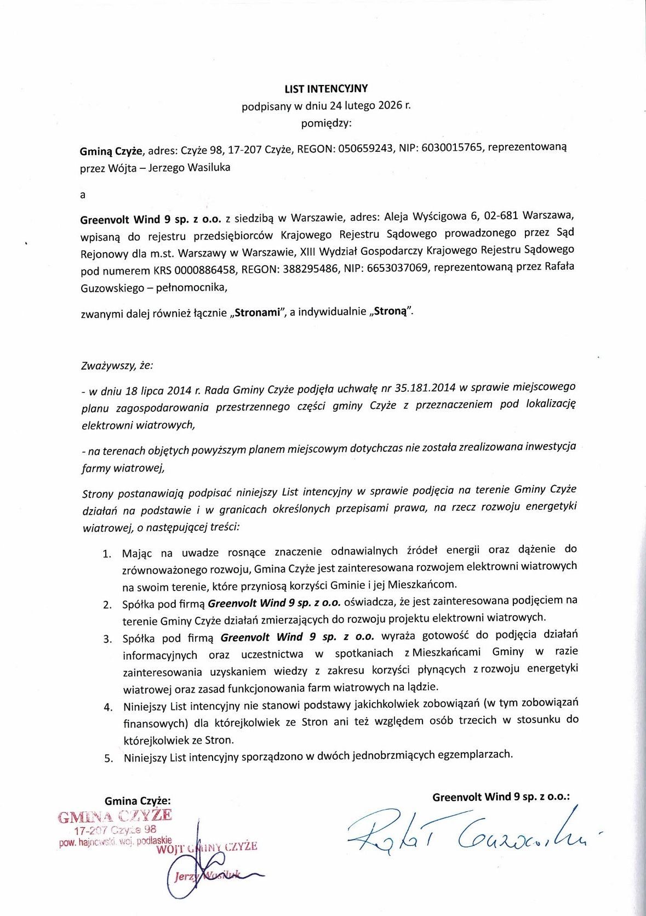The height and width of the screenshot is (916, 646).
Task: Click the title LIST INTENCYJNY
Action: point(326,89)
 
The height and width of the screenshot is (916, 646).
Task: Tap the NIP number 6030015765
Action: point(452,148)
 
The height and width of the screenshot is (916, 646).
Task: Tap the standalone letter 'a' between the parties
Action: point(83,195)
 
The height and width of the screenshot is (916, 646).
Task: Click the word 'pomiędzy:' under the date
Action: point(326,123)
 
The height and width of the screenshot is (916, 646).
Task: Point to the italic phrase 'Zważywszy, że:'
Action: point(117,365)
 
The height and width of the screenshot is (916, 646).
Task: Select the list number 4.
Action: point(108,707)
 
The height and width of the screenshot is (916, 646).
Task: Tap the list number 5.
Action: point(108,759)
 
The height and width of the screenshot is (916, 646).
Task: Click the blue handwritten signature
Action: point(466,833)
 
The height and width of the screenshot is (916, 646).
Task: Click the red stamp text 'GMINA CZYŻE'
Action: point(115,816)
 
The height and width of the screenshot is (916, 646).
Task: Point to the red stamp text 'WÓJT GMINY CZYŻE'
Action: point(207,847)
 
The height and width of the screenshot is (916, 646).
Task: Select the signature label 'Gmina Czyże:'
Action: point(138,801)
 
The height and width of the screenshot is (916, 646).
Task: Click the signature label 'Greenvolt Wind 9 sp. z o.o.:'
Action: point(501,797)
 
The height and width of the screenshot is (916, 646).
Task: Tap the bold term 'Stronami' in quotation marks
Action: point(257,313)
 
